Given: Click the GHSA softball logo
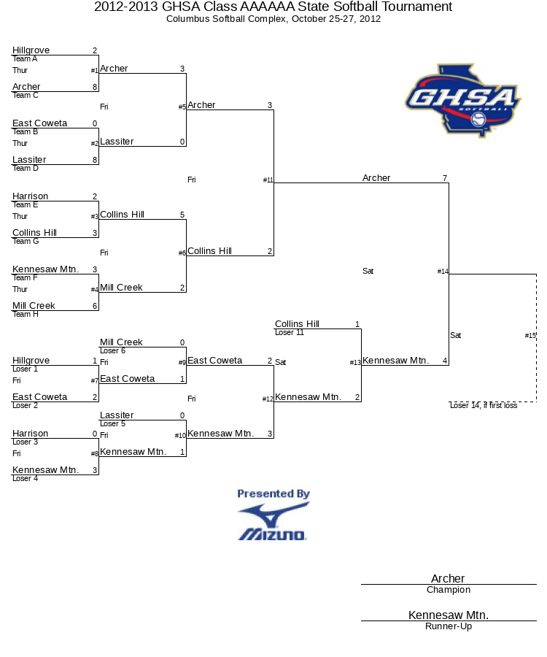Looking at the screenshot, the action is pos(463,101).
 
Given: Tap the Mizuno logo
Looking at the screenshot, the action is pos(273,522).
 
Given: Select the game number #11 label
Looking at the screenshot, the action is pos(268,180).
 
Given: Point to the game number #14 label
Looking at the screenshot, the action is pos(443,271).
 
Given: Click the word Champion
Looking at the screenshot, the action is pos(449,590).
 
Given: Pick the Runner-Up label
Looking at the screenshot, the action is pos(449,626).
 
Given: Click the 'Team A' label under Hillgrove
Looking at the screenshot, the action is pos(25,58).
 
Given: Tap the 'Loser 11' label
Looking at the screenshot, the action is pos(290,332).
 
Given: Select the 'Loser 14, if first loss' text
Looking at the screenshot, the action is pos(484,405).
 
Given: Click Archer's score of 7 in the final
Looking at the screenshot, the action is pos(445,178).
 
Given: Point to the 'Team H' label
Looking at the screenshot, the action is pos(25,314).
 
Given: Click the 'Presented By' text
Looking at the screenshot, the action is pos(273,493).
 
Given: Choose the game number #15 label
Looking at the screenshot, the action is pos(530,335).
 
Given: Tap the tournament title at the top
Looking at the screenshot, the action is pos(273,7).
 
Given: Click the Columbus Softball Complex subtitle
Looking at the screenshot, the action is pos(273,19).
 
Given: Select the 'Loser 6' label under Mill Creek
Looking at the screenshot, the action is pos(112,350).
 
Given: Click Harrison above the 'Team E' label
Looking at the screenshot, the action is pos(30,196).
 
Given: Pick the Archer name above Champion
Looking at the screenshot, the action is pos(448,578).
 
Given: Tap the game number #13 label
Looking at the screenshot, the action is pos(355,362).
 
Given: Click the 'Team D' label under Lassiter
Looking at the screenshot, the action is pos(25,168).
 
